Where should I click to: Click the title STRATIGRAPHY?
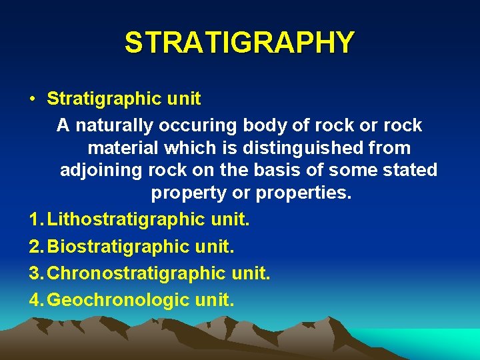pos(239,43)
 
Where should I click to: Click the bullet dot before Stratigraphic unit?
pos(32,100)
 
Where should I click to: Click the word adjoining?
pos(101,170)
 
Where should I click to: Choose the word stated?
pos(411,170)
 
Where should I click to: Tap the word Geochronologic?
pos(119,300)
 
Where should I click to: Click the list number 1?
pos(35,218)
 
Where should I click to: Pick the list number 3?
pos(35,273)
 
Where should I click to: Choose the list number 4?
pos(35,300)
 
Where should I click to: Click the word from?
pos(391,147)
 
